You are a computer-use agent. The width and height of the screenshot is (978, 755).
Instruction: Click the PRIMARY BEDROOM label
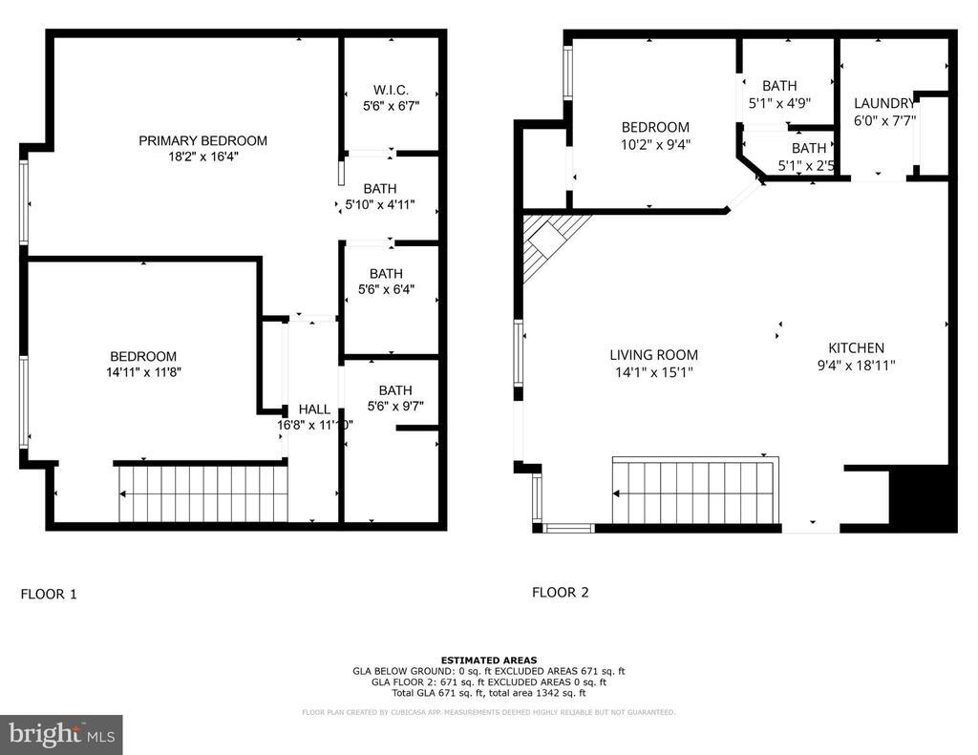(202, 140)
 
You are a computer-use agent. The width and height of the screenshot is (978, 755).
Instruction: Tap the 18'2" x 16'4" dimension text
(202, 157)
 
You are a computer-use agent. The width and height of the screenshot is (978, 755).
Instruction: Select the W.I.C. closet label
(392, 90)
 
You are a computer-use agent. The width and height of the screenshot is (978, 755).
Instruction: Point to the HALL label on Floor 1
(314, 409)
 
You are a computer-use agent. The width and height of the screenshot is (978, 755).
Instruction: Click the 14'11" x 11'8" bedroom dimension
(144, 372)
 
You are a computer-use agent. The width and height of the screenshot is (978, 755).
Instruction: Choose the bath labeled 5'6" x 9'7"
(394, 398)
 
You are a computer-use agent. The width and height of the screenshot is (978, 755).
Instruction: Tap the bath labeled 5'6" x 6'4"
(386, 282)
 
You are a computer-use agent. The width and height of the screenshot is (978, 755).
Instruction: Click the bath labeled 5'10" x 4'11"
(379, 197)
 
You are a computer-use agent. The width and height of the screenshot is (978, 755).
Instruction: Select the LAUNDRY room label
(883, 104)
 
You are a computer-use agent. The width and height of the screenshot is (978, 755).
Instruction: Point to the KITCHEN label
(856, 348)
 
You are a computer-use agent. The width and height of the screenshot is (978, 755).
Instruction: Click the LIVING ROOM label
(653, 355)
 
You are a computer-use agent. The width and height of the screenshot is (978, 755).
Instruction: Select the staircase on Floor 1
(202, 493)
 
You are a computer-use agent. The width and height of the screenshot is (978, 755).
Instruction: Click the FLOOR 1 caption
(48, 594)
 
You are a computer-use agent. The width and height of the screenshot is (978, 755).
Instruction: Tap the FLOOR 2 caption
(560, 592)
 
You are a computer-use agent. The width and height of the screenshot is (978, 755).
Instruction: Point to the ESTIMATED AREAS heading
(488, 660)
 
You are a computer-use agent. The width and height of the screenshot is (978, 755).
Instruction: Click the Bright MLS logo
(61, 734)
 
